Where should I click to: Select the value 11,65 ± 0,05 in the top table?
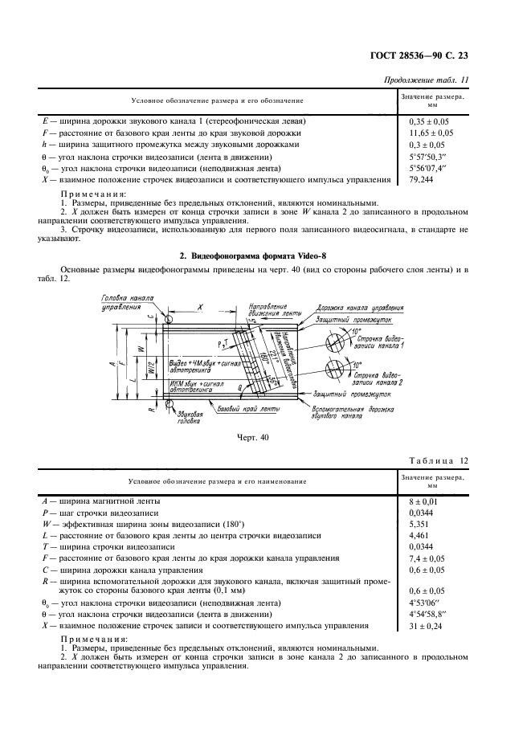431,133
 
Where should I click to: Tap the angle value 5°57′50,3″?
427,157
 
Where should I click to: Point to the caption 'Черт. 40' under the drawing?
253,437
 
